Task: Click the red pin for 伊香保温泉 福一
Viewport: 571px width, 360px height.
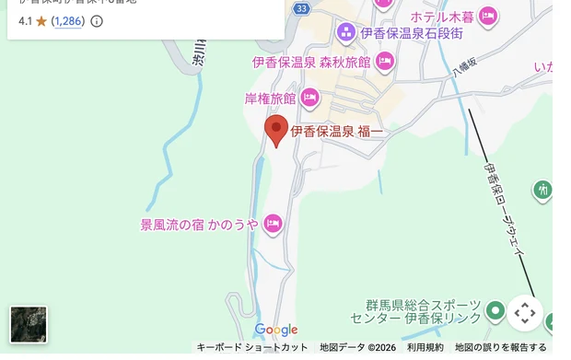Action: point(275,130)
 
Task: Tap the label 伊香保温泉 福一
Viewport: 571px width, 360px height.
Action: point(337,133)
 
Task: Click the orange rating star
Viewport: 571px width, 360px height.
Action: point(41,20)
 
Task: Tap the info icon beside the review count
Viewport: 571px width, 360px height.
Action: point(97,20)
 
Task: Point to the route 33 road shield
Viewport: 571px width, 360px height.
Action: point(302,8)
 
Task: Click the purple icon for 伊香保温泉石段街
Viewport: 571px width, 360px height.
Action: point(346,33)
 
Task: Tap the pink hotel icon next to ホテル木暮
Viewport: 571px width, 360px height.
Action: point(488,15)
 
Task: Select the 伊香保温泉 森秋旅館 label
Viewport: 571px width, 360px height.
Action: point(310,63)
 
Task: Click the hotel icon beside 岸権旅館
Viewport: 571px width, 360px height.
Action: point(309,97)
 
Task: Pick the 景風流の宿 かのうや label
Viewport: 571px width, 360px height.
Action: point(199,223)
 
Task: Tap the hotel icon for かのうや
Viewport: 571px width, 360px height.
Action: point(273,223)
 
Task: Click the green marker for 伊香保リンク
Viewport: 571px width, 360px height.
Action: point(496,310)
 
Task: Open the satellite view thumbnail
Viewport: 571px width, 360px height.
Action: point(29,324)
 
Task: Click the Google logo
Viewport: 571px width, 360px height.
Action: point(276,330)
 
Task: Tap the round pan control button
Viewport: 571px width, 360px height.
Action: point(525,313)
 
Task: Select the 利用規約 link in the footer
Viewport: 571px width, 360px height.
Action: point(425,347)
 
